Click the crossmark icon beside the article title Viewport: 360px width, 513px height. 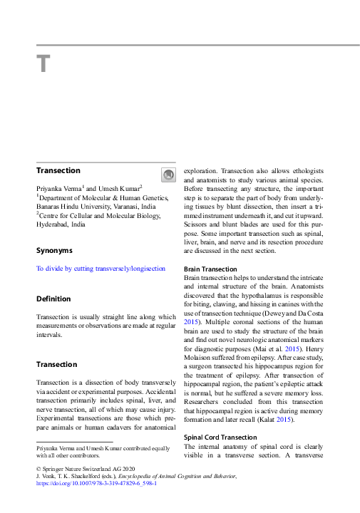point(168,174)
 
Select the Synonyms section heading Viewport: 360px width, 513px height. point(54,251)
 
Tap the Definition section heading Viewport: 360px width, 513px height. point(53,299)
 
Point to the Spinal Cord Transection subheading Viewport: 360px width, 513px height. point(222,437)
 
